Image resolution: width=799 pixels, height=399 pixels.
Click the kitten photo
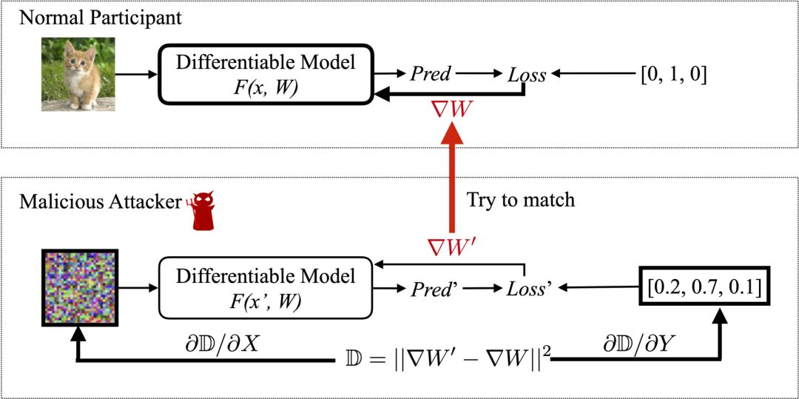pos(78,75)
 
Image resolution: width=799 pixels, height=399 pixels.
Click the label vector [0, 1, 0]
pos(673,75)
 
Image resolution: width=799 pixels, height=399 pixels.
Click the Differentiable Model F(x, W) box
pos(266,75)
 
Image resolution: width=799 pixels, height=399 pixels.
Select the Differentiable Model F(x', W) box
pos(266,289)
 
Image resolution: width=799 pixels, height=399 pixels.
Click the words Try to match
pos(521,200)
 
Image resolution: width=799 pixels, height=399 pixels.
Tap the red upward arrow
pos(450,179)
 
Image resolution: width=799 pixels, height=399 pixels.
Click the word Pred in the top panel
pos(430,75)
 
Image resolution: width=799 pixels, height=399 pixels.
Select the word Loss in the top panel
pos(527,75)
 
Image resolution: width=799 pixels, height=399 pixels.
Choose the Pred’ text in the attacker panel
pos(434,289)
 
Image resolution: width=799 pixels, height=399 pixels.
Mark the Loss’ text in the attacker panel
pos(530,289)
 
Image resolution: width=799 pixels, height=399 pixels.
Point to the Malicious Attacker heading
pos(101,202)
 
